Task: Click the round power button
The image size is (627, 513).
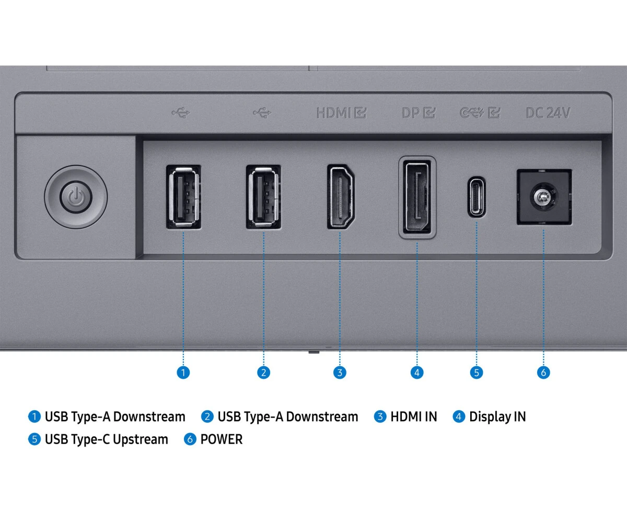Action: click(x=76, y=197)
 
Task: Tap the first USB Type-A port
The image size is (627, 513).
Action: click(x=183, y=197)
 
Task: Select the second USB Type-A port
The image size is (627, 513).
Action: click(x=263, y=197)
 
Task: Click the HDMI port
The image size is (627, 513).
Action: click(x=340, y=197)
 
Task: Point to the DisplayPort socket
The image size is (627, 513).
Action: click(x=417, y=197)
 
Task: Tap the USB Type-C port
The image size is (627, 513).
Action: click(x=476, y=197)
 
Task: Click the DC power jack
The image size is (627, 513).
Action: click(x=543, y=197)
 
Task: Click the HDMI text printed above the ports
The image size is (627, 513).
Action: click(x=333, y=112)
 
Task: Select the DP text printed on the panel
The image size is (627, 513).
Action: click(x=411, y=112)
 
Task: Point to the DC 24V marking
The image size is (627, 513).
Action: click(x=548, y=112)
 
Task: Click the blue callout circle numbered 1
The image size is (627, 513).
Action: click(x=183, y=372)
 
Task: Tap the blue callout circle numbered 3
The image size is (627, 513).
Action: click(x=340, y=372)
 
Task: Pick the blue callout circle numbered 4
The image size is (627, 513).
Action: click(x=416, y=372)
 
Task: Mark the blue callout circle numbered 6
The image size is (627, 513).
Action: click(x=543, y=372)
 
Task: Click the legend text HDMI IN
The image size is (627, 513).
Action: click(x=413, y=417)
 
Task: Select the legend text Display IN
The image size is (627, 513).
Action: click(x=497, y=417)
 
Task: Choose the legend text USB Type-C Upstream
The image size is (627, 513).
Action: click(x=106, y=439)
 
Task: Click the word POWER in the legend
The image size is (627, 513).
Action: click(x=222, y=439)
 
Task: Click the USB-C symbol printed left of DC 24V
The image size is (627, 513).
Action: click(x=471, y=112)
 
